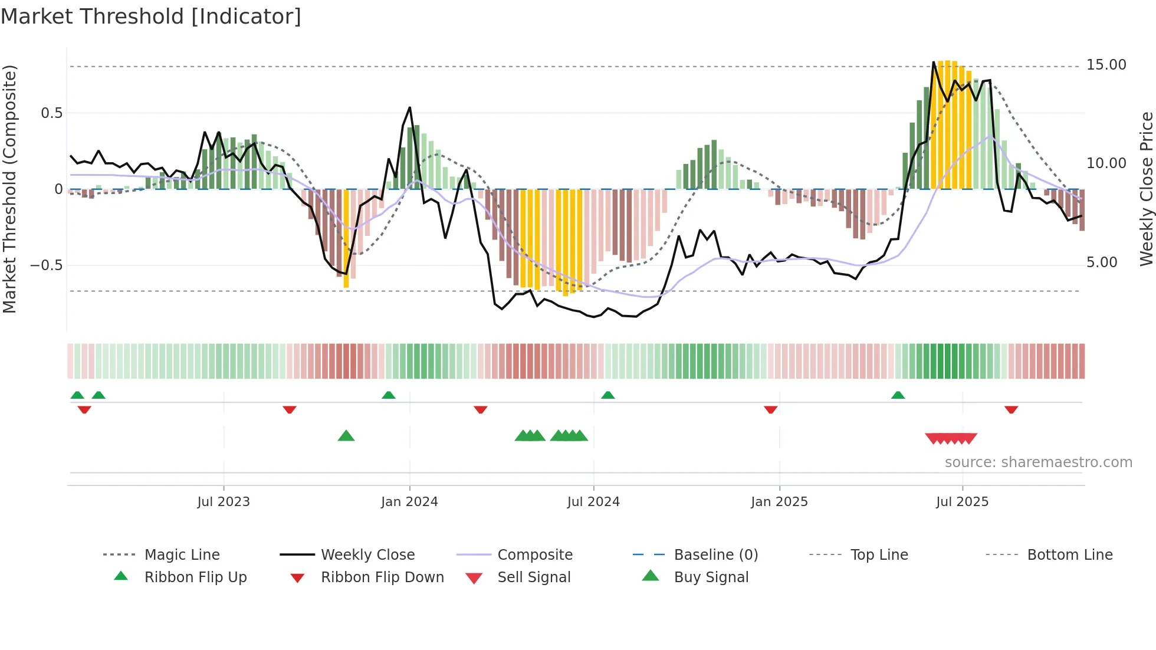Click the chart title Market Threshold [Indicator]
(151, 17)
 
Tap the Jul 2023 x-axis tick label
(224, 502)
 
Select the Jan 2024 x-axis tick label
(409, 502)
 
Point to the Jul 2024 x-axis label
(593, 502)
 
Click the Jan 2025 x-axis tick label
(779, 502)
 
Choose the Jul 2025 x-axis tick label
(962, 502)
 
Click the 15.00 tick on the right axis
(1106, 65)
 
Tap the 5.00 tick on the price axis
(1101, 262)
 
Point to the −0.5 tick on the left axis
(46, 265)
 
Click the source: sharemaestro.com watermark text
(1038, 462)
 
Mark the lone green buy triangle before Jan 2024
(346, 436)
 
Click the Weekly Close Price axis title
(1146, 189)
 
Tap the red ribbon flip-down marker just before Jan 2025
(770, 409)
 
